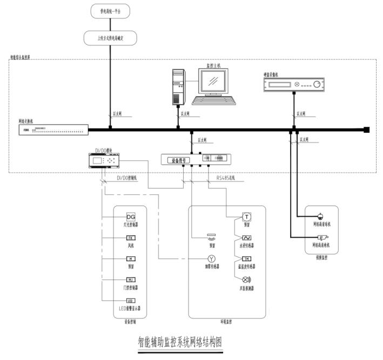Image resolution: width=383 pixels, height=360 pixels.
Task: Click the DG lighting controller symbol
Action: click(130, 216)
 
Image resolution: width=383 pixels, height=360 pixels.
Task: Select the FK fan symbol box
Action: click(130, 237)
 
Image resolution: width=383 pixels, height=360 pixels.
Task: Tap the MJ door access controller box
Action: click(130, 279)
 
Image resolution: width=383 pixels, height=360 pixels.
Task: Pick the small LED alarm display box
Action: click(130, 301)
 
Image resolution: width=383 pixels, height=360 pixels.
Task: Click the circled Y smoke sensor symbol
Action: click(212, 259)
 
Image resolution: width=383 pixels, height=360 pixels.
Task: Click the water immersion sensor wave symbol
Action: click(246, 237)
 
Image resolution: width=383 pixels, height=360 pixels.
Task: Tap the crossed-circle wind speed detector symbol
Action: click(246, 280)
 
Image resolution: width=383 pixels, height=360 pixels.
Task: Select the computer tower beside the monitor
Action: click(178, 86)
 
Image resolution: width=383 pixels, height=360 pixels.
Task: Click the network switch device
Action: click(53, 130)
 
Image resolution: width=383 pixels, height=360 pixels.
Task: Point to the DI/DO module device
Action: click(106, 160)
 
